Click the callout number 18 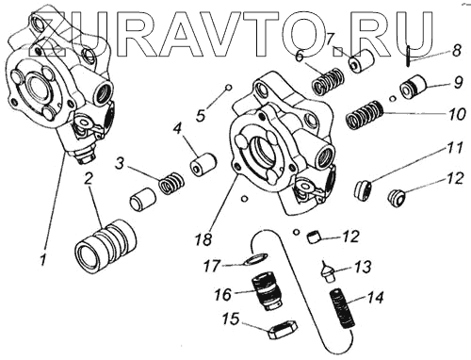click(x=203, y=239)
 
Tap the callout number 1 click(x=43, y=258)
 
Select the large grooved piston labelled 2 click(x=106, y=245)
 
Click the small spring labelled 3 click(x=171, y=183)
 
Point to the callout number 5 click(x=201, y=115)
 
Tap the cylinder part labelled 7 click(x=362, y=61)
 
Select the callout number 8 click(x=457, y=50)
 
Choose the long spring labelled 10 click(x=365, y=115)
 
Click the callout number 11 click(x=455, y=148)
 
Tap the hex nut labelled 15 click(x=282, y=330)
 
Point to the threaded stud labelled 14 click(x=344, y=309)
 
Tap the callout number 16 click(x=223, y=295)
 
